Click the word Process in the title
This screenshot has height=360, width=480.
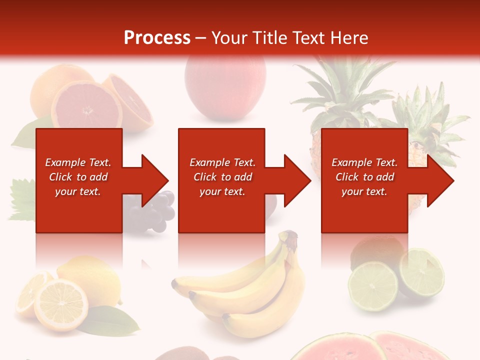coord(157,38)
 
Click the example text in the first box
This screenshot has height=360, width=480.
coord(78,177)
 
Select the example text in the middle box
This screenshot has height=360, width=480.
coord(222,177)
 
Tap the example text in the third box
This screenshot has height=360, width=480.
coord(364,177)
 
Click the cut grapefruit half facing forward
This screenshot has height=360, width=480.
coord(86,106)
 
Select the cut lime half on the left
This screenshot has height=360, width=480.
coord(373,285)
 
